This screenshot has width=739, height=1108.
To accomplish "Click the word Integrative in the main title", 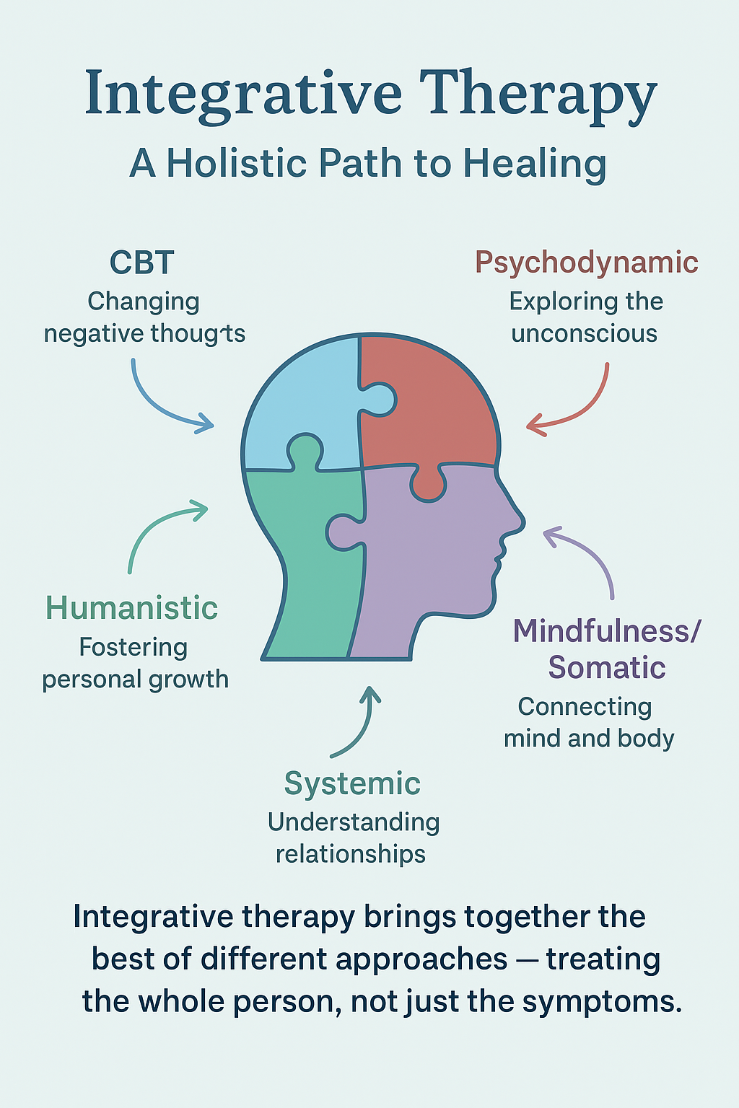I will pyautogui.click(x=242, y=94).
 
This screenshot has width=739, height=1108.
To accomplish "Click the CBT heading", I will pyautogui.click(x=142, y=263).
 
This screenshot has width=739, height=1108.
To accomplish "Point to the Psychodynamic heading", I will pyautogui.click(x=586, y=263).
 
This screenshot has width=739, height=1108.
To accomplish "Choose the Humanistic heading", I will pyautogui.click(x=131, y=608).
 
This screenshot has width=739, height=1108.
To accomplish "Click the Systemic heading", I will pyautogui.click(x=352, y=783).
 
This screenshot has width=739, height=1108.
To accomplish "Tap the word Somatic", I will pyautogui.click(x=606, y=667).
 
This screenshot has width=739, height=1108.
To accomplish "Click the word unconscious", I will pyautogui.click(x=584, y=334).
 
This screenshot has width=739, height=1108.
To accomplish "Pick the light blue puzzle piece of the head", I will pyautogui.click(x=299, y=404).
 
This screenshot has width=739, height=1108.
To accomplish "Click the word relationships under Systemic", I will pyautogui.click(x=351, y=854).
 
